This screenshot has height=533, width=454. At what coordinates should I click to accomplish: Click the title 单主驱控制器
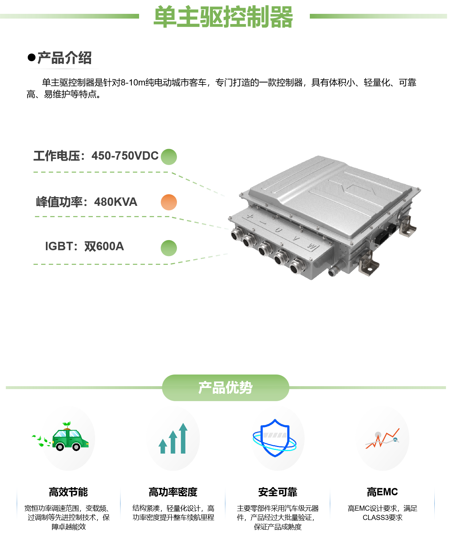[223, 17]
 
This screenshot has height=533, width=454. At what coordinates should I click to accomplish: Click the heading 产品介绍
[64, 58]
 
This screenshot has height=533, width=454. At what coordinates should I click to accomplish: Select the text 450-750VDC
[125, 156]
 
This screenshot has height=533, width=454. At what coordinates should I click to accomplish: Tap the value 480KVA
[116, 202]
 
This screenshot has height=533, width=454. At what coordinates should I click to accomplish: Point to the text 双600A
[104, 247]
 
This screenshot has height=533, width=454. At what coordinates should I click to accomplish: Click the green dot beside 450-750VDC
[169, 157]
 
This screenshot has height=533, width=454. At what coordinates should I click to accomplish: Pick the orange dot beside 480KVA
[169, 202]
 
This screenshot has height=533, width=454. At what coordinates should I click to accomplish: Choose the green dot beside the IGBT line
[169, 248]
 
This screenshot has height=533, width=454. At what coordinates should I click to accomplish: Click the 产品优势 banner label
[225, 388]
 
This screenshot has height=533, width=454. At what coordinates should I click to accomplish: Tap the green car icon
[69, 438]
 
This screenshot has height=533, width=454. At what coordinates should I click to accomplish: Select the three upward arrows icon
[173, 439]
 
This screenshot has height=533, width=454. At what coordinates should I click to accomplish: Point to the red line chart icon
[382, 439]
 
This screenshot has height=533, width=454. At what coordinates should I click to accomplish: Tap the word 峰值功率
[59, 202]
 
